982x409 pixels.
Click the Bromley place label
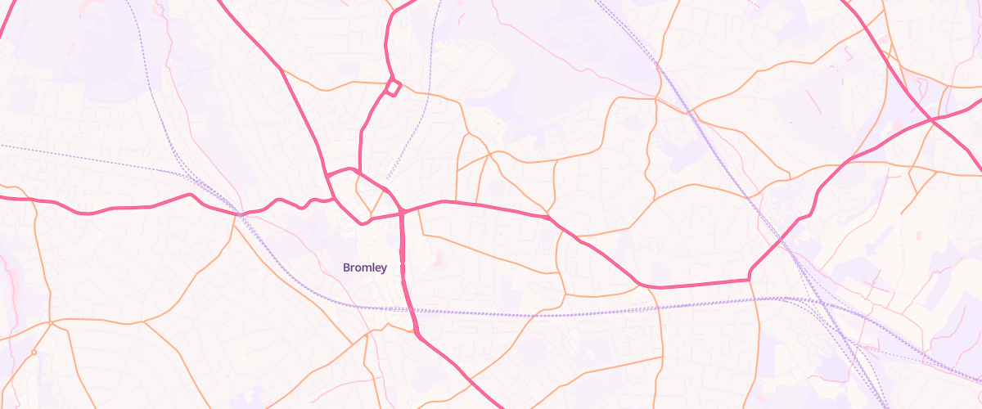pos(365,267)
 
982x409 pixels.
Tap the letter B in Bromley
pos(347,267)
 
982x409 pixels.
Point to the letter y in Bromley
pos(384,269)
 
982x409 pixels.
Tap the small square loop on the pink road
pos(393,87)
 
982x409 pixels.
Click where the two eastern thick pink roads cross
pos(932,120)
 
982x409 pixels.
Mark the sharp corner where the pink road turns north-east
pos(750,280)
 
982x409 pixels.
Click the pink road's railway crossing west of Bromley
pos(239,213)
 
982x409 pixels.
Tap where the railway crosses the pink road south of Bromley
pos(408,310)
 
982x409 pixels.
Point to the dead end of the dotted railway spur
pos(386,179)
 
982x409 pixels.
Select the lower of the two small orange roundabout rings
pos(34,353)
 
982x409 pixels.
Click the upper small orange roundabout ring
pos(51,323)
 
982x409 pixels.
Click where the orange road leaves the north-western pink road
pos(282,71)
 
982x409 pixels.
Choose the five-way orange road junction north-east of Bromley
pos(489,153)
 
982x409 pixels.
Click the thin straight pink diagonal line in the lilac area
pos(815,103)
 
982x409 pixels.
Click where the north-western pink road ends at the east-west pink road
pos(334,199)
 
